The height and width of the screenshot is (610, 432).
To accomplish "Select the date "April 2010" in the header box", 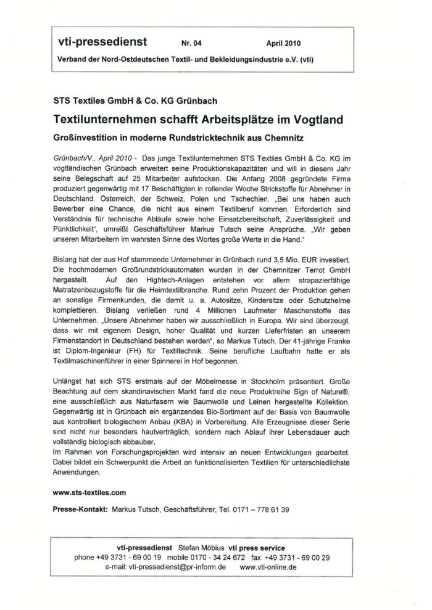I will coord(285,44).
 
